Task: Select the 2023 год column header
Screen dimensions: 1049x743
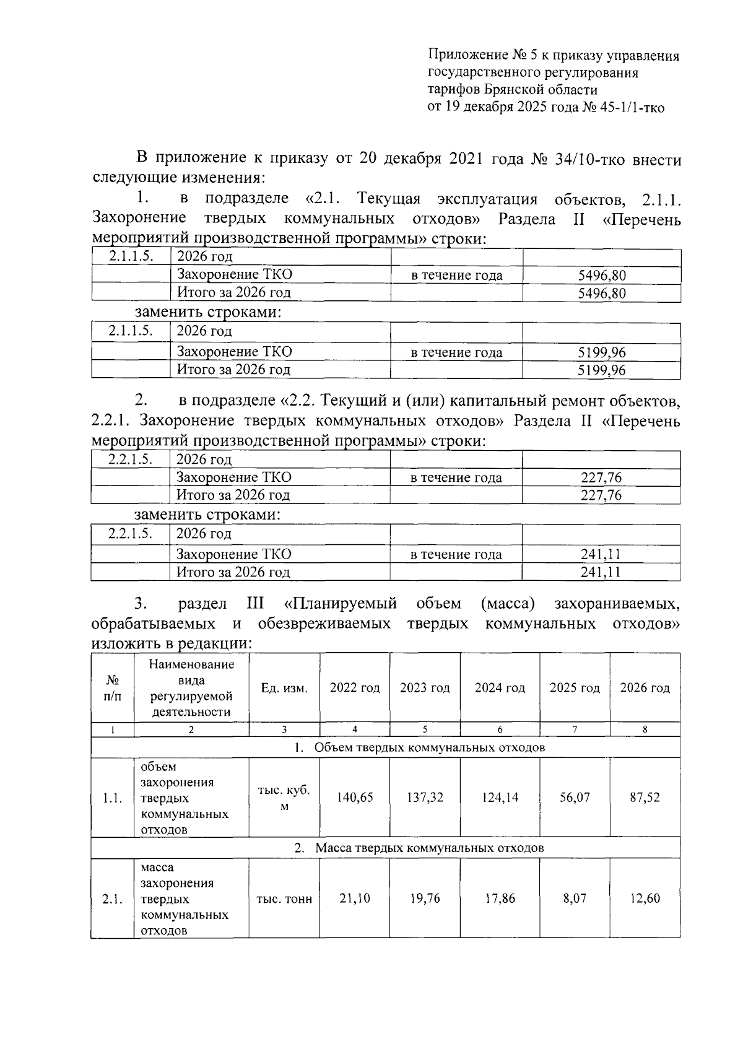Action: (425, 688)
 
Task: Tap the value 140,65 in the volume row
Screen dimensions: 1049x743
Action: (355, 797)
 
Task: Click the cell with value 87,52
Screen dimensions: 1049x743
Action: (645, 797)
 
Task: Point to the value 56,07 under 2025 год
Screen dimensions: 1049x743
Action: (575, 797)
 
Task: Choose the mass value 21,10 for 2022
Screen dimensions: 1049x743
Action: (355, 898)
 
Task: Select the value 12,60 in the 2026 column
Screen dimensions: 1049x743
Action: (645, 898)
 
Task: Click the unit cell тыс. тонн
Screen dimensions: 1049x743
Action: (284, 899)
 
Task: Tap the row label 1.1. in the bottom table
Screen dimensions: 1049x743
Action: (112, 798)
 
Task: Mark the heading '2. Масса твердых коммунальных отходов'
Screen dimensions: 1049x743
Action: (419, 847)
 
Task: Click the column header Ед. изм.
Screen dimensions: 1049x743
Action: (284, 688)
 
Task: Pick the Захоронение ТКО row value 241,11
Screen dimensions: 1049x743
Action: (601, 554)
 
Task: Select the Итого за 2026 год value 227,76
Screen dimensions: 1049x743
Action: (601, 495)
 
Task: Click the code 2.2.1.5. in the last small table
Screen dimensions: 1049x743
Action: (130, 533)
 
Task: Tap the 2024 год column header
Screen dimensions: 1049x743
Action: (500, 688)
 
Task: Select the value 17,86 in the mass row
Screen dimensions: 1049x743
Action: (500, 898)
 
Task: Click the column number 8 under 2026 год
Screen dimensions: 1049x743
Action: (645, 729)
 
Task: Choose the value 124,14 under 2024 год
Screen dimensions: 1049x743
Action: (500, 797)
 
